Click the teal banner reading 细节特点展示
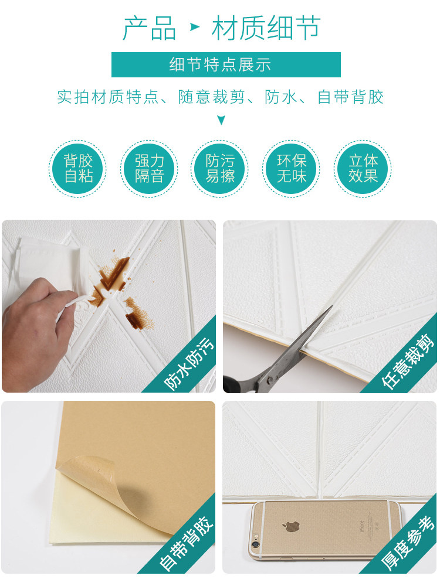coord(226,64)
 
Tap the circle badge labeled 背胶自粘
coord(78,169)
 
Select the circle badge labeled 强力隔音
coord(149,169)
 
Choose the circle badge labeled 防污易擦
coord(220,169)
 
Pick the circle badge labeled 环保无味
coord(291,169)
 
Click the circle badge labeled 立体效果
coord(363,169)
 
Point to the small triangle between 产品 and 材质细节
coord(195,27)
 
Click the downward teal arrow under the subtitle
coord(221,120)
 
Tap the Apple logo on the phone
coord(290,526)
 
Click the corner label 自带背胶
coord(187,543)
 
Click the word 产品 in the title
coord(150,28)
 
